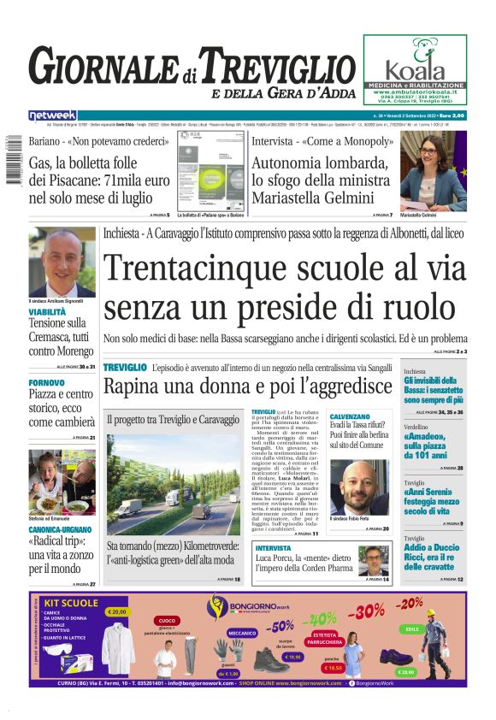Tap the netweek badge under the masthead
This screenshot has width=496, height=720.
click(52, 115)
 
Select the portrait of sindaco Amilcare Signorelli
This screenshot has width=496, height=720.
click(62, 263)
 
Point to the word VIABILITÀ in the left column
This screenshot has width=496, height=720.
click(47, 313)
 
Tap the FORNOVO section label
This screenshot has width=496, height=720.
click(46, 381)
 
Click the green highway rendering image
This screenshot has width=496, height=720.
click(174, 484)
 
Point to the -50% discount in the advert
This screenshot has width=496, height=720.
click(281, 625)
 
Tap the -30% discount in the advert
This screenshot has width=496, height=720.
click(367, 612)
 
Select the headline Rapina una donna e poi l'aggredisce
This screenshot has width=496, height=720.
click(247, 387)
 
